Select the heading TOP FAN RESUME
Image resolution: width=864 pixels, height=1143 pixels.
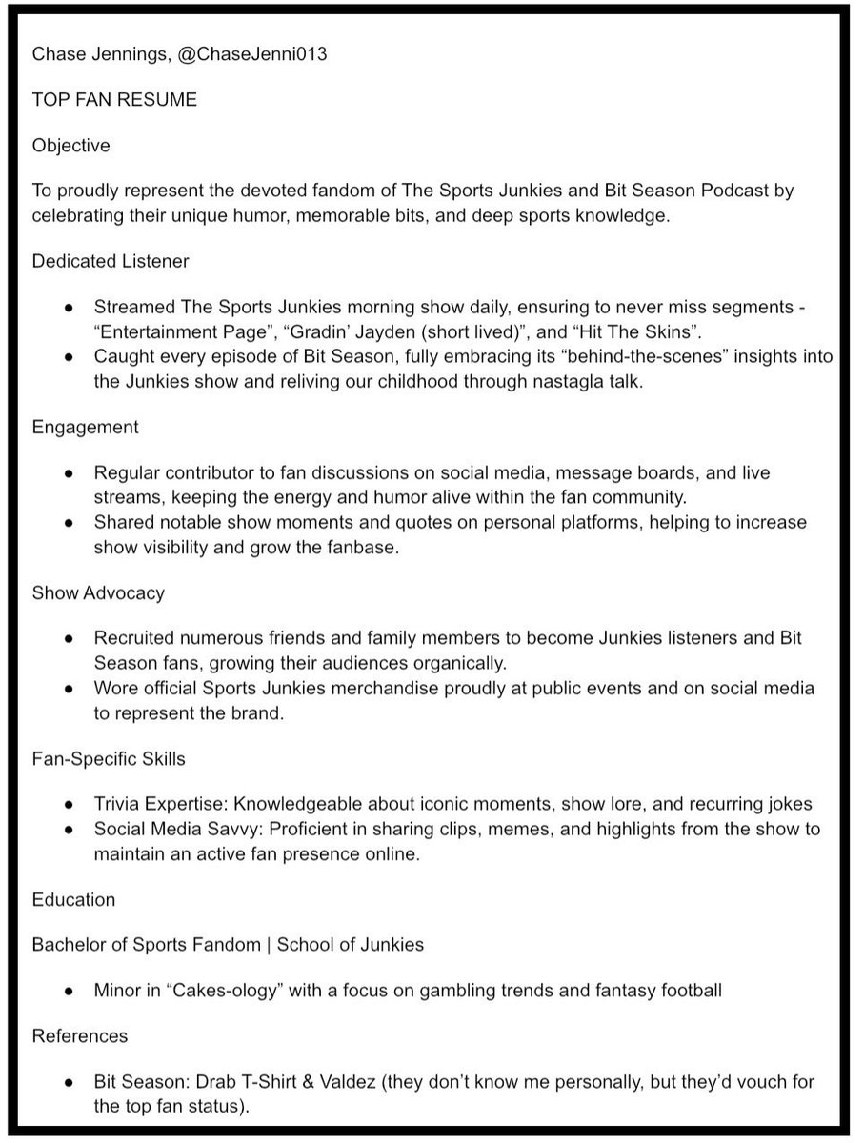pyautogui.click(x=114, y=100)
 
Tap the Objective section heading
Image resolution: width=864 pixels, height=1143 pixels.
pyautogui.click(x=70, y=146)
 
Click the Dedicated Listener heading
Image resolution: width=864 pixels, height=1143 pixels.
pyautogui.click(x=110, y=260)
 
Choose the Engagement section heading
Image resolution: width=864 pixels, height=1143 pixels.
pyautogui.click(x=85, y=427)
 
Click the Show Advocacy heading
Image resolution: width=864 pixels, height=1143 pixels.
pyautogui.click(x=98, y=592)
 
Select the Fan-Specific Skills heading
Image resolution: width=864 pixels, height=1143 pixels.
pyautogui.click(x=109, y=759)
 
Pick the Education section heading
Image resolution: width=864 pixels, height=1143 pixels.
pyautogui.click(x=73, y=899)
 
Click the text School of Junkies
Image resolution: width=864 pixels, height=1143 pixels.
pyautogui.click(x=350, y=945)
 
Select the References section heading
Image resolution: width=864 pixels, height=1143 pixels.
pyautogui.click(x=80, y=1035)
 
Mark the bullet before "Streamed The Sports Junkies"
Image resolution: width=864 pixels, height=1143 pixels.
pyautogui.click(x=68, y=308)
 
